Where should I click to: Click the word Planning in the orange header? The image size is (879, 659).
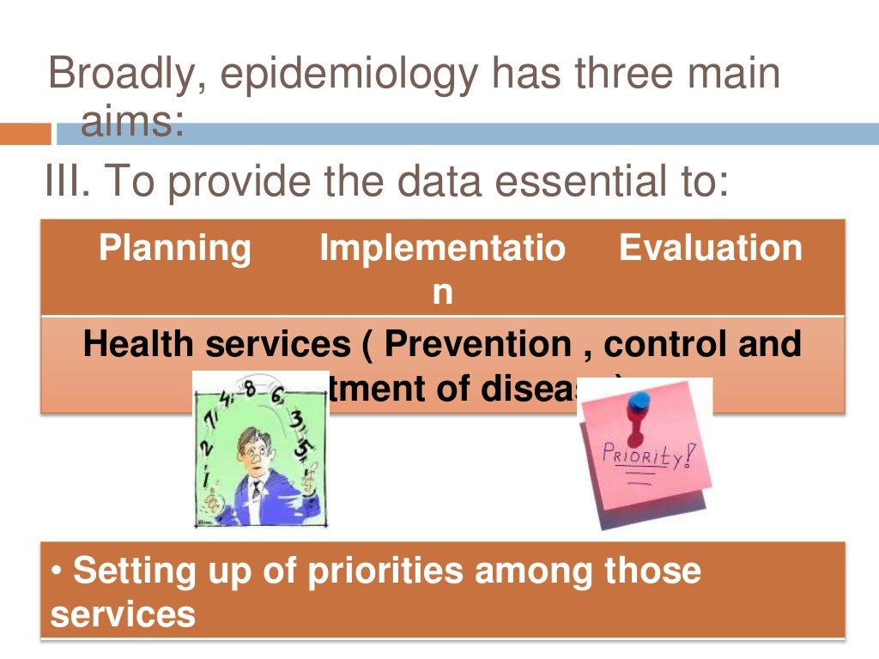coord(175,249)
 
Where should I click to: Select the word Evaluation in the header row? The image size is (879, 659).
coord(710,249)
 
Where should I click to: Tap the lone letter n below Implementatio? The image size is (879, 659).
coord(441,292)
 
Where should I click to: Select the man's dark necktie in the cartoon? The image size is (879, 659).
coord(256,491)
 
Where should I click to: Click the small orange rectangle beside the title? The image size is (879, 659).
coord(25,134)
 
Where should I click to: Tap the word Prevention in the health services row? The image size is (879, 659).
coord(477,344)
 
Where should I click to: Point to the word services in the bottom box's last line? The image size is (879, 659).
coord(123,614)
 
